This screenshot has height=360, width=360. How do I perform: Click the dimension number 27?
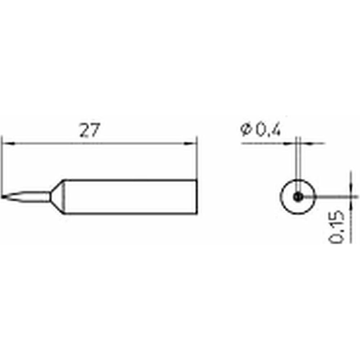coord(90,130)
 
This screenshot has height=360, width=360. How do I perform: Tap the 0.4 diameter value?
coord(268,130)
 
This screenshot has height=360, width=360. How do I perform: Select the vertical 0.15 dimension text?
coord(337,226)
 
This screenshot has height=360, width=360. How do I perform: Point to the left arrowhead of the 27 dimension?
coord(8,144)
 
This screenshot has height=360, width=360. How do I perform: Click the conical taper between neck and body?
coord(57,197)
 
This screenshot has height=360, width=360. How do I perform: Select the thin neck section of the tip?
coord(27,197)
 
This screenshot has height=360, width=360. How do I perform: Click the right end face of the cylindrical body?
coord(197,197)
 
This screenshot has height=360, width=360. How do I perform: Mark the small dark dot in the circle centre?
coord(298,197)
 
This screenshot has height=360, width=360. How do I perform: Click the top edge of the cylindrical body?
coord(130,180)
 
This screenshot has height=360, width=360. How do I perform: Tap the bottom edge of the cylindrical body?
coord(130,213)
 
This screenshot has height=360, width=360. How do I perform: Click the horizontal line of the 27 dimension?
coord(99,144)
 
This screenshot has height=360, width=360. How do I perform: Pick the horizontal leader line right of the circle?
coord(330,197)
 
